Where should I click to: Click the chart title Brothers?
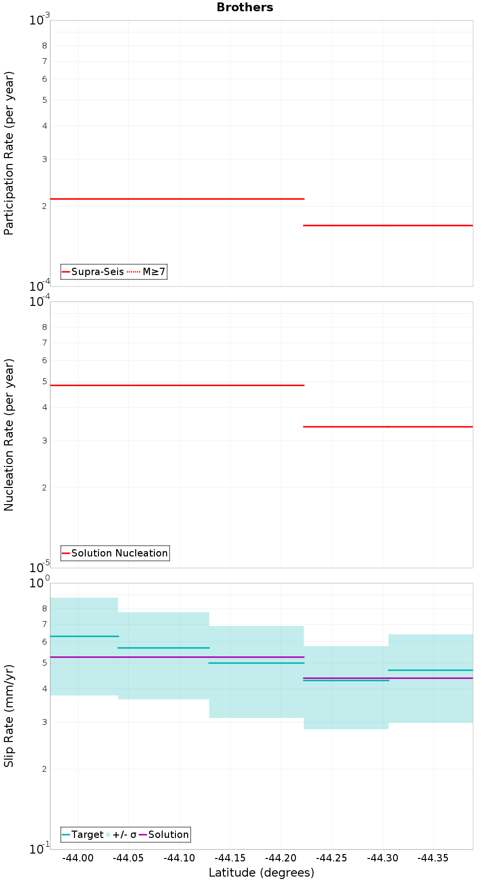(245, 7)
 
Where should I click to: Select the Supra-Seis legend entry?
(93, 272)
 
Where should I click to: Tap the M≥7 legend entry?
(147, 272)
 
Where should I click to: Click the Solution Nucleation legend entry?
(115, 553)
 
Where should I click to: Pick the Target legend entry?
(83, 835)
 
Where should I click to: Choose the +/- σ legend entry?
(122, 835)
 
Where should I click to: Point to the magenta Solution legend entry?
(164, 835)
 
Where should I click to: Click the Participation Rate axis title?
(9, 153)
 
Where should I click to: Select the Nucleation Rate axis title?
(9, 435)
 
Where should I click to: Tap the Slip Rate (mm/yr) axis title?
(9, 716)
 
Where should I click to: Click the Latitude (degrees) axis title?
(261, 873)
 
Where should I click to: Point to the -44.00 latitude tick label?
(78, 858)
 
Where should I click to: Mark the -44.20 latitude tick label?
(281, 858)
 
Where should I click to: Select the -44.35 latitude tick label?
(433, 858)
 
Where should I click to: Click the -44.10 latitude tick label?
(179, 858)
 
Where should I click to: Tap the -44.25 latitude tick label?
(332, 858)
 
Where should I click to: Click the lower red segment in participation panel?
(388, 226)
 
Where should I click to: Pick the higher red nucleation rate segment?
(177, 385)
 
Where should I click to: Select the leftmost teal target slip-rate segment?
(84, 636)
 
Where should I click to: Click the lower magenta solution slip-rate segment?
(388, 678)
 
